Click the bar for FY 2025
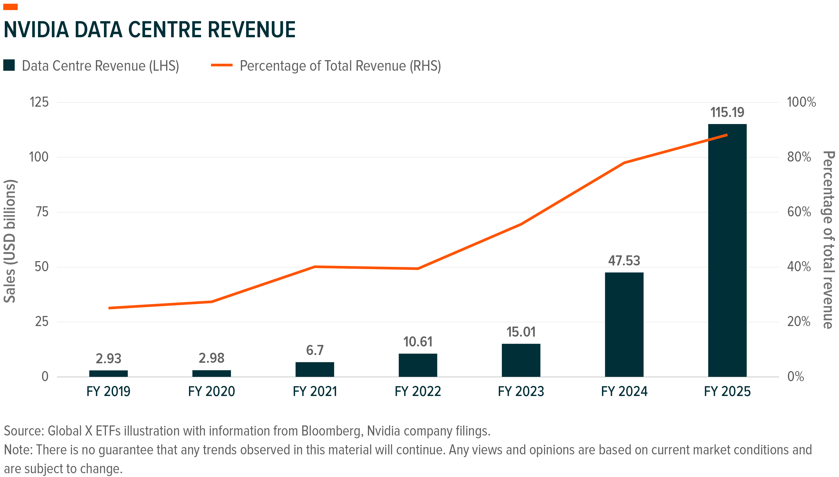coord(727,250)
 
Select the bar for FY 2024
coord(624,324)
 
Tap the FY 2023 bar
coord(521,360)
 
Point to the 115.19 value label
coord(727,112)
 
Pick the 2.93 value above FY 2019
coord(108,359)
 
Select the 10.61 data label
coord(418,342)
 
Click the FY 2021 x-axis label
coord(315,391)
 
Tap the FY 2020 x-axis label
coord(211,391)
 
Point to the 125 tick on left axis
coord(39,102)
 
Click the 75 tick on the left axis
coord(42,212)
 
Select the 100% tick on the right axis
coord(801,102)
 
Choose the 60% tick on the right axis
coord(799,212)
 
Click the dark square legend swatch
coord(9,65)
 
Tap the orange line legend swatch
coord(221,65)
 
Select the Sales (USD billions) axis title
coord(10,241)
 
